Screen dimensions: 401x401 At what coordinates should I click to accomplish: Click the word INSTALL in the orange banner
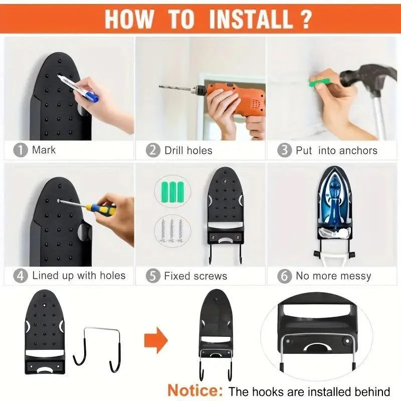[x=250, y=19]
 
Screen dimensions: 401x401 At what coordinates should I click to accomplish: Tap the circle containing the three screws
[x=170, y=230]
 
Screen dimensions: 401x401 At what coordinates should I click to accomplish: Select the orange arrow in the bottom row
[x=156, y=341]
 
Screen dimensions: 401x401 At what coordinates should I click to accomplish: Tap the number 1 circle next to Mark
[x=21, y=150]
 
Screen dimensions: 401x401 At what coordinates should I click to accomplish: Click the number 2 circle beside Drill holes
[x=153, y=150]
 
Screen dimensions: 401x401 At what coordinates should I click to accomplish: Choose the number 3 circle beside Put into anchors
[x=284, y=150]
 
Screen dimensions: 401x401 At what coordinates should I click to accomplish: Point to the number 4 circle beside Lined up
[x=21, y=275]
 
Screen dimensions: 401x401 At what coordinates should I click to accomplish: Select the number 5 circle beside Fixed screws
[x=153, y=276]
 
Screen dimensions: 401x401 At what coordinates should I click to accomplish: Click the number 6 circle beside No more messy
[x=284, y=276]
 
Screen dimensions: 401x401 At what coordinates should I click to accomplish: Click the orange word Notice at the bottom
[x=194, y=390]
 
